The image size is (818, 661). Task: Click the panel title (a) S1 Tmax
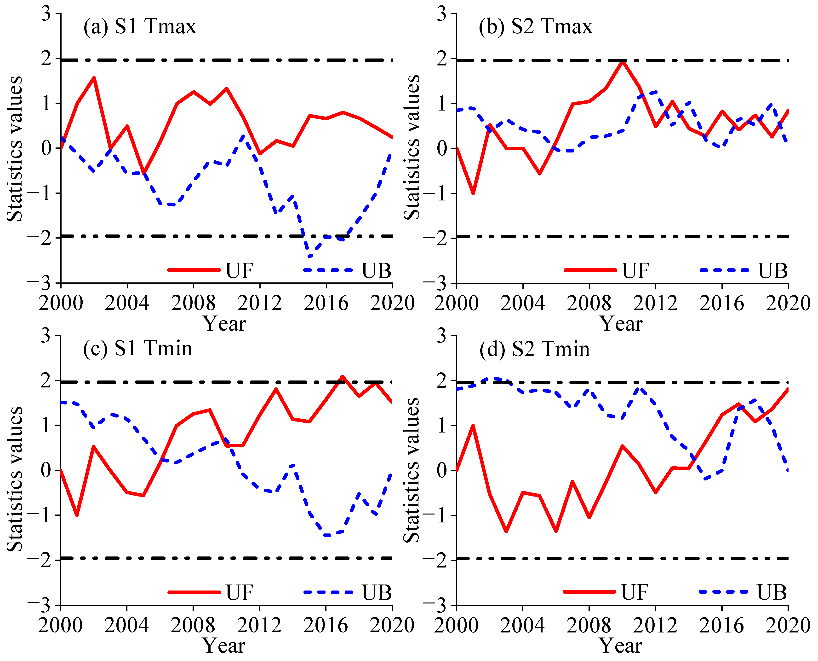[x=140, y=27]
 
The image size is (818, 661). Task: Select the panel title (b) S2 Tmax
[x=536, y=27]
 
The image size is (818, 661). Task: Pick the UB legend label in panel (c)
[x=377, y=592]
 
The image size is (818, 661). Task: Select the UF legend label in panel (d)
[x=635, y=592]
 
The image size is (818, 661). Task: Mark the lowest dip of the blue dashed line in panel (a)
[x=310, y=257]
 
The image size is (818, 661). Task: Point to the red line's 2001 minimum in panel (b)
[x=473, y=193]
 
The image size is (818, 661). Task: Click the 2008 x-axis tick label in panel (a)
[x=193, y=304]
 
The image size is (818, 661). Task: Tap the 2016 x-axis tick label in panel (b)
[x=722, y=304]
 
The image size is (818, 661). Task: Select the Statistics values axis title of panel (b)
[x=412, y=148]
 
